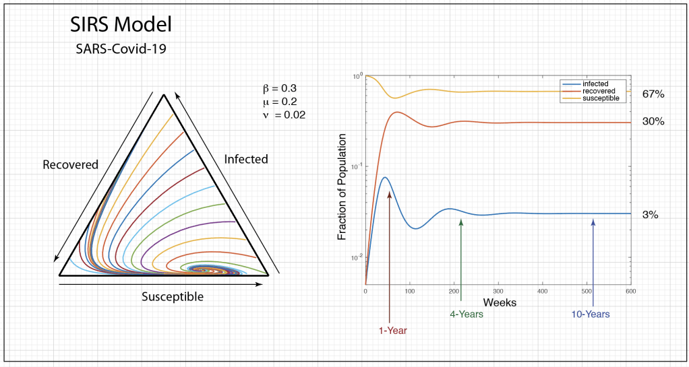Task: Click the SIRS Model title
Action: pyautogui.click(x=121, y=25)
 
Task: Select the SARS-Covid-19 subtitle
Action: pyautogui.click(x=121, y=49)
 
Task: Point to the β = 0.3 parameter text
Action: pyautogui.click(x=280, y=88)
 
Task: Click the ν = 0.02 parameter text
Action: pyautogui.click(x=285, y=115)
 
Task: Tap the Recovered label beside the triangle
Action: pyautogui.click(x=70, y=164)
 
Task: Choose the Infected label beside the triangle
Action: pyautogui.click(x=246, y=160)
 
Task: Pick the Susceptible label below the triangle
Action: pyautogui.click(x=172, y=296)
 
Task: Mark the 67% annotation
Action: pyautogui.click(x=653, y=94)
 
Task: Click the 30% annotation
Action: pyautogui.click(x=653, y=122)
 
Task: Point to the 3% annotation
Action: pyautogui.click(x=650, y=215)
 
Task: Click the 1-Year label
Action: pyautogui.click(x=392, y=330)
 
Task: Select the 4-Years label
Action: pyautogui.click(x=467, y=314)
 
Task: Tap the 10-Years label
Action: pyautogui.click(x=590, y=314)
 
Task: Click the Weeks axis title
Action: pyautogui.click(x=500, y=303)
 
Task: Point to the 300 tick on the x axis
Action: pyautogui.click(x=498, y=291)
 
